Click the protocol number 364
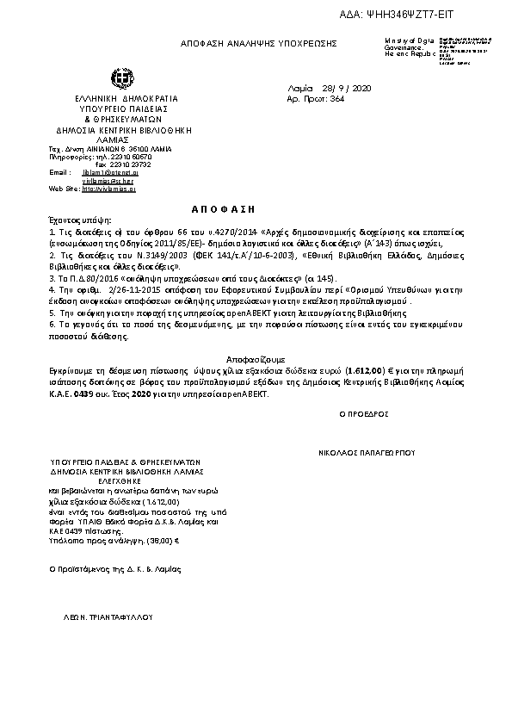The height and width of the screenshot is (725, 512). [337, 99]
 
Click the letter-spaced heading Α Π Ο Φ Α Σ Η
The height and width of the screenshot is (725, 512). [222, 209]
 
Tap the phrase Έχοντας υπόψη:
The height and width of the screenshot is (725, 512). [75, 221]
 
